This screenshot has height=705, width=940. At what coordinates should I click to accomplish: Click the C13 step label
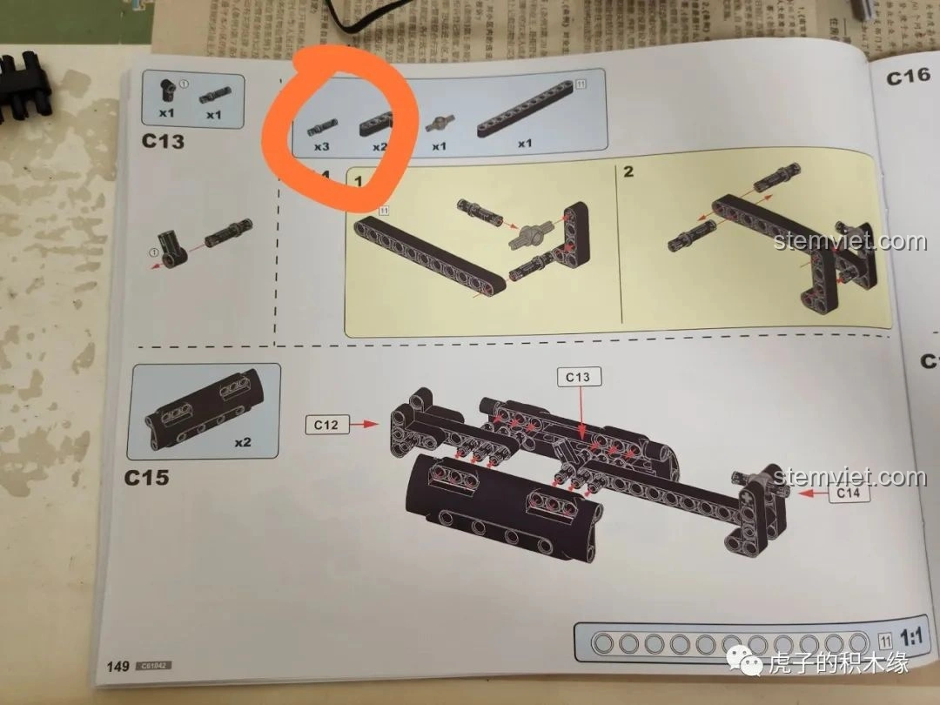tap(163, 141)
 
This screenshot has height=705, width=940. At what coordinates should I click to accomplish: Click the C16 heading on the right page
tap(909, 77)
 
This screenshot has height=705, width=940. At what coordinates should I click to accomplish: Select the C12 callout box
tap(326, 425)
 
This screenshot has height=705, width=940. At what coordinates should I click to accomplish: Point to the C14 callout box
tap(847, 493)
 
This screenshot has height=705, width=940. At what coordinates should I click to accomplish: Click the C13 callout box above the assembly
tap(578, 377)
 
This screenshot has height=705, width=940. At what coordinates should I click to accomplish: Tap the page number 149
tap(117, 667)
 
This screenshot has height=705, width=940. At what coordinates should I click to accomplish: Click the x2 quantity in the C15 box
tap(243, 442)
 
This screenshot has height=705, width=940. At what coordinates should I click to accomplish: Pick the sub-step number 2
tap(628, 171)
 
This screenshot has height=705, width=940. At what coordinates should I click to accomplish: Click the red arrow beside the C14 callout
tap(806, 493)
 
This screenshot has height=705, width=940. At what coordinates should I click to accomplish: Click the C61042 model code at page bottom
tap(152, 667)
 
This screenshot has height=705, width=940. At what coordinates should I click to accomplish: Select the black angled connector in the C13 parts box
tap(167, 90)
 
